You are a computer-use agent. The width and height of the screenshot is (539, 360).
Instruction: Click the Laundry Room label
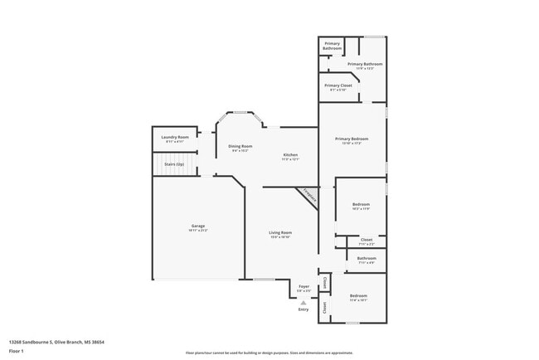coord(174,139)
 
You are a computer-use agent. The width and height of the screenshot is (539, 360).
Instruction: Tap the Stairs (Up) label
coord(175,164)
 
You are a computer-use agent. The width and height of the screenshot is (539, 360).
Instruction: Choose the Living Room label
coord(279,234)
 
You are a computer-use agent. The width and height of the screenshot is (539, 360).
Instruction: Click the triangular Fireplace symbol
coord(308,197)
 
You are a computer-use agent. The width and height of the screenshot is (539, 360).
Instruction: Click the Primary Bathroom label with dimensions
coord(365,66)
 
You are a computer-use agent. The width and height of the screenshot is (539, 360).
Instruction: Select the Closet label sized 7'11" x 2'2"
coord(366,241)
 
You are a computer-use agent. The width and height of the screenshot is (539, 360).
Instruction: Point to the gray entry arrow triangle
coord(303,303)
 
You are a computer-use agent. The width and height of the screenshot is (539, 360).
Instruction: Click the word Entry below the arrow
coord(303,310)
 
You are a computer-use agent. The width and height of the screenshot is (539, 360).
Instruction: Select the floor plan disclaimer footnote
coord(269,353)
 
